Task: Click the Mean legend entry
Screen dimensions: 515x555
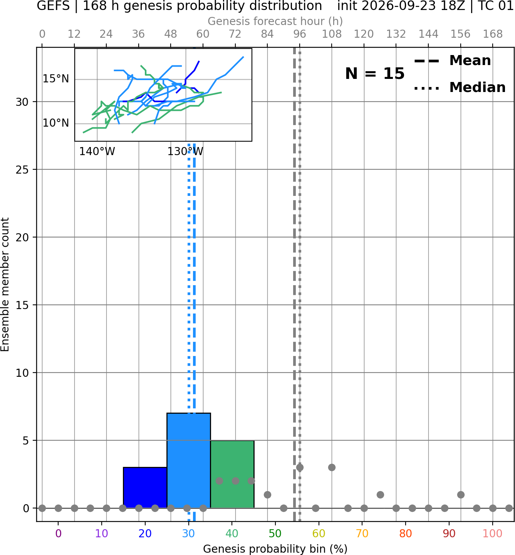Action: click(452, 61)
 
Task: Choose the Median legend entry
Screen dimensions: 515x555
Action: click(460, 87)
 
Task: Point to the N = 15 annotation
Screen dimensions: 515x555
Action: click(375, 74)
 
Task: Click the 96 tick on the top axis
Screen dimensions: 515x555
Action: click(300, 34)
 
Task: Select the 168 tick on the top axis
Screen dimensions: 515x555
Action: click(493, 34)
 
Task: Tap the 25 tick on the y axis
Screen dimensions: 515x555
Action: click(22, 170)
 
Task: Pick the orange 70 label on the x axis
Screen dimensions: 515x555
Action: click(362, 533)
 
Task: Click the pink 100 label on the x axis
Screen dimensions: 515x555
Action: click(492, 533)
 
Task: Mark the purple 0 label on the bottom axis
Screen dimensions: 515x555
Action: click(58, 533)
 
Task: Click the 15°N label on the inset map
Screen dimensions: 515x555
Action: click(56, 79)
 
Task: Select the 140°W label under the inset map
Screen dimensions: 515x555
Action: click(97, 152)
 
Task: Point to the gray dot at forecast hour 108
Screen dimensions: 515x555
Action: click(332, 467)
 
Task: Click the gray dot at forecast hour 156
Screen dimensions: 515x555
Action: click(461, 495)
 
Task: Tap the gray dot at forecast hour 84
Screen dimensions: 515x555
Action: click(267, 495)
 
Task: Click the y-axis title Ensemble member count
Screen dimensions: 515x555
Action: click(5, 284)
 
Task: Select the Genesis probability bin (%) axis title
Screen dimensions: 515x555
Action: click(275, 549)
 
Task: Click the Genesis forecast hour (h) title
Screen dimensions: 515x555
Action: click(275, 21)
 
